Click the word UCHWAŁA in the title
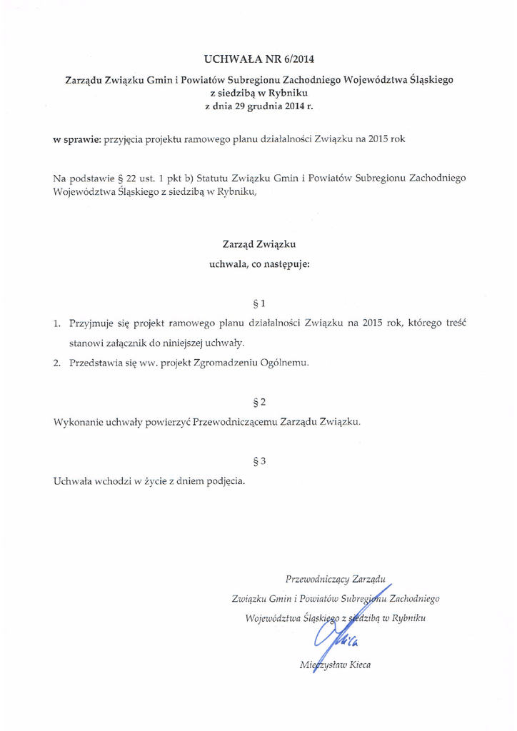click(228, 58)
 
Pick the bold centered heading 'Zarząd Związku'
click(258, 245)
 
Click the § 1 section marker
click(258, 301)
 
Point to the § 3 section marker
click(258, 460)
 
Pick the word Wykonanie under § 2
click(79, 422)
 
